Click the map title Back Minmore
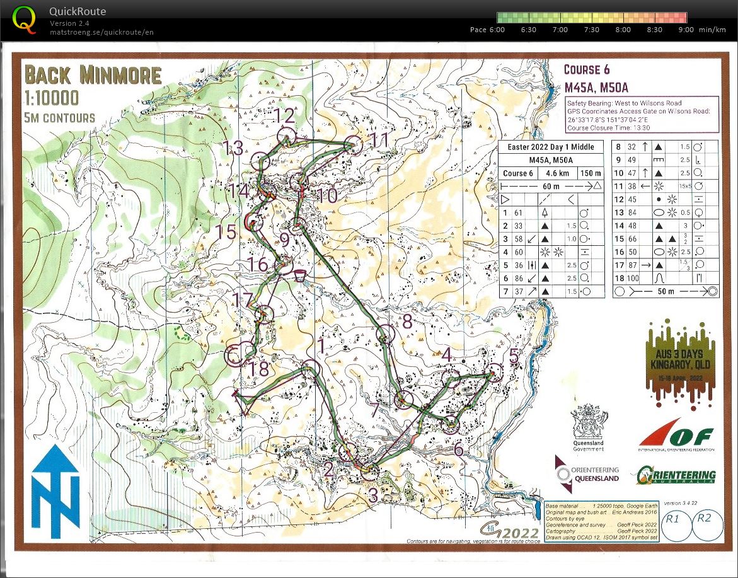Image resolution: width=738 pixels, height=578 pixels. tap(93, 74)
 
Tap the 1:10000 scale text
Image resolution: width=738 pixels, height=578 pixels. tap(52, 97)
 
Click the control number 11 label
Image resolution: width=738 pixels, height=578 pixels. tap(379, 140)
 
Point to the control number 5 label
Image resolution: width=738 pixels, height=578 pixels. tap(514, 357)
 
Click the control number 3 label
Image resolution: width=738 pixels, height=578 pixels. tap(373, 495)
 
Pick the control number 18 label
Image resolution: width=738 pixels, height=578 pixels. tap(258, 369)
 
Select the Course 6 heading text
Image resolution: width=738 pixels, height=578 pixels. tap(586, 69)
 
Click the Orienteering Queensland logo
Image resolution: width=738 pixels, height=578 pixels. tap(587, 474)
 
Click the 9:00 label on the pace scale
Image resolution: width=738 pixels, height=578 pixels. tap(686, 30)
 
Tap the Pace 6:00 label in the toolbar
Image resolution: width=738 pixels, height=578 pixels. tap(487, 30)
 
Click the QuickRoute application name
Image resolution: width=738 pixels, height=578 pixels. tap(78, 11)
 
